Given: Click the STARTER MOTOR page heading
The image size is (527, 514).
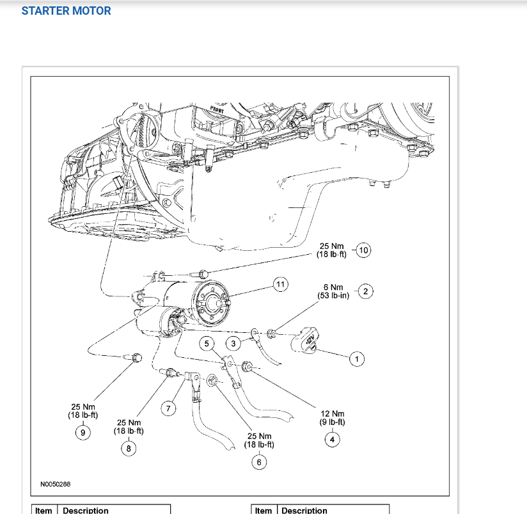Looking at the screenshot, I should (x=66, y=11).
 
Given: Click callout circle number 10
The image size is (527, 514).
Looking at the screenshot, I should (x=363, y=250).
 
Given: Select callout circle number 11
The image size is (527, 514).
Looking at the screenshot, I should (x=279, y=284).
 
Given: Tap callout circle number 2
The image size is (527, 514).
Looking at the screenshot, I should (x=365, y=292).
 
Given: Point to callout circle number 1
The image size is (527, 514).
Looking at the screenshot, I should (x=357, y=359).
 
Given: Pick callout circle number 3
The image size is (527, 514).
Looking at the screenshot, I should (x=233, y=344).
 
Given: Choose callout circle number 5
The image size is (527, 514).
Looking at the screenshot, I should (x=206, y=344).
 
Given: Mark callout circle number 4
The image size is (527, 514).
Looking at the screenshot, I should (x=332, y=438).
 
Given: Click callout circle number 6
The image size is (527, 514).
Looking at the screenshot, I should (x=259, y=462).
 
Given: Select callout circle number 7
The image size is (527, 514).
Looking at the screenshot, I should (x=168, y=409).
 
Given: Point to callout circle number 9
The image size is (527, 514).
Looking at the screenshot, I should (x=83, y=432).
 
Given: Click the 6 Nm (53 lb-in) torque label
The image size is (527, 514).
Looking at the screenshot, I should (x=333, y=292).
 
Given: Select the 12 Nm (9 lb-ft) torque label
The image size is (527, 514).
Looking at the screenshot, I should (x=332, y=418).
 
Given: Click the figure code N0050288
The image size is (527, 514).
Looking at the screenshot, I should (x=56, y=485).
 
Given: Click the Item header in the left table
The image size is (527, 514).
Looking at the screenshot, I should (x=44, y=510).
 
